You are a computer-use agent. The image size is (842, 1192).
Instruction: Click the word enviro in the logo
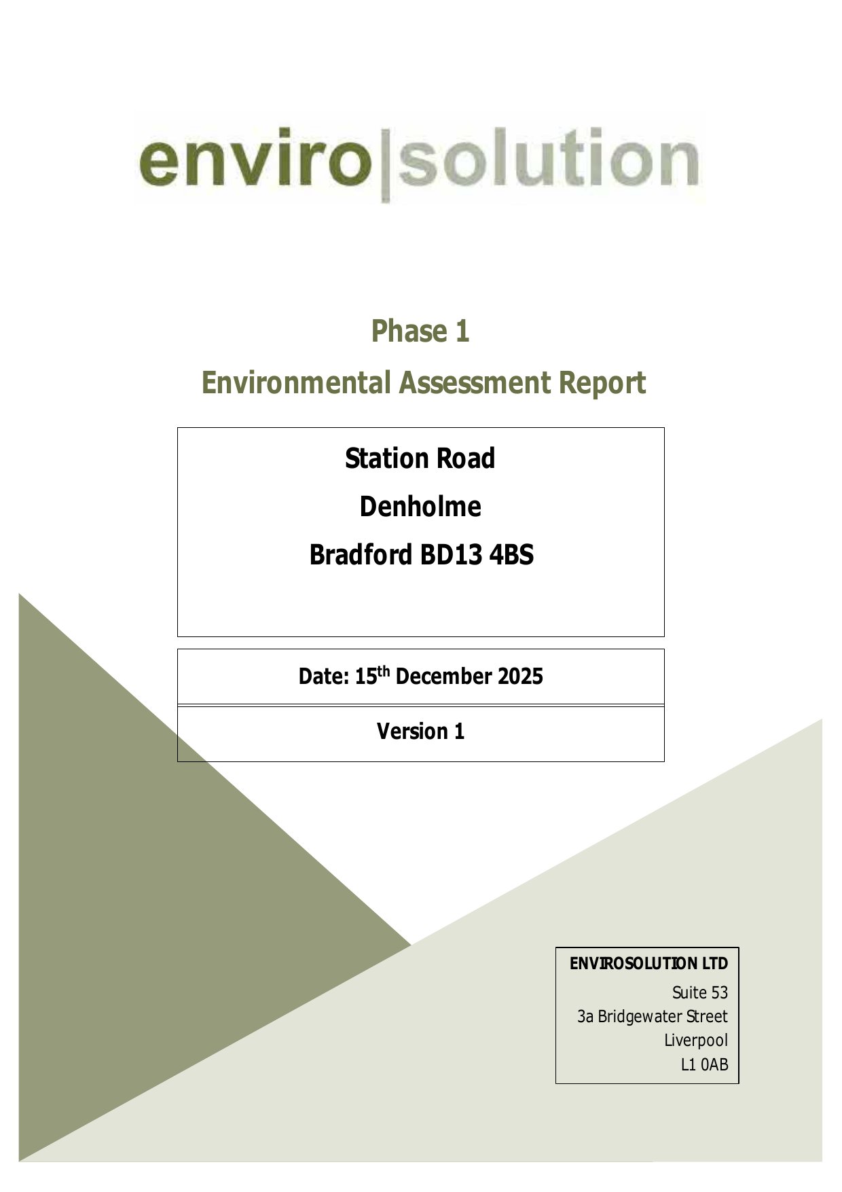point(256,160)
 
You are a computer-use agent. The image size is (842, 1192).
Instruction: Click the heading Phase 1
point(420,331)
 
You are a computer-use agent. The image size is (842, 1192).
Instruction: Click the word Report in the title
point(602,384)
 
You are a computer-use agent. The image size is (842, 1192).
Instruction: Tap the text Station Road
point(420,458)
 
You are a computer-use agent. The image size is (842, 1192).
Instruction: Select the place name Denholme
point(420,507)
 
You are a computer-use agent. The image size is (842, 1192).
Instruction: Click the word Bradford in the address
point(361,555)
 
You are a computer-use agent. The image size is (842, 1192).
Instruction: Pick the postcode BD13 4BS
point(477,555)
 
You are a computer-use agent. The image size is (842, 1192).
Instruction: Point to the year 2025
point(521,676)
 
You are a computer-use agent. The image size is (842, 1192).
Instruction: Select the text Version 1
point(421,732)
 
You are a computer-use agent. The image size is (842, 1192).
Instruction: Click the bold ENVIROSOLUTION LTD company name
point(648,964)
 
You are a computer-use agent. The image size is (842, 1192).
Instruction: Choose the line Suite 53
point(700,993)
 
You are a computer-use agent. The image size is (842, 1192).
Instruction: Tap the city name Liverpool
point(696,1041)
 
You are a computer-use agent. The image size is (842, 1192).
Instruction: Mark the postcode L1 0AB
point(705,1064)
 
